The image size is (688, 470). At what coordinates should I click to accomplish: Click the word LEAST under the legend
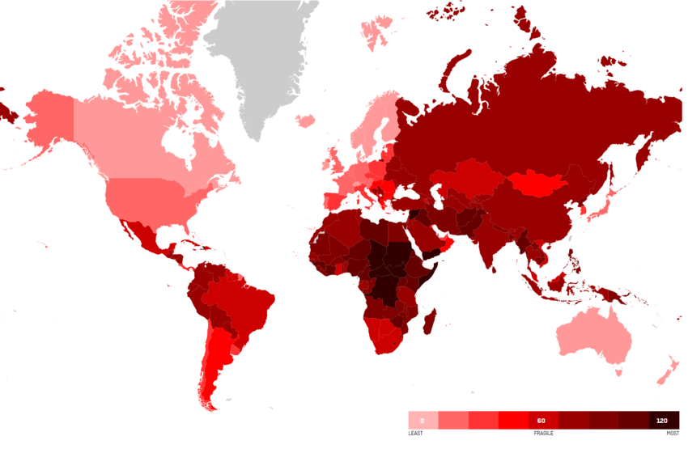(x=415, y=434)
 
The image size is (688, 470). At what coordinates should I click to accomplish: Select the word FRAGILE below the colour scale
(x=543, y=434)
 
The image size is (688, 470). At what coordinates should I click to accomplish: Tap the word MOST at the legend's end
(x=673, y=434)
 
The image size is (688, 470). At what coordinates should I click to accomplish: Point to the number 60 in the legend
(x=541, y=421)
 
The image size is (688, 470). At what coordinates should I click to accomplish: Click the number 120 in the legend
(x=663, y=421)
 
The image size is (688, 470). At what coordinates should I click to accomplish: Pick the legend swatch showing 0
(x=423, y=421)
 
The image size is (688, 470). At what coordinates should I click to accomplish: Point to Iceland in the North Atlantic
(x=306, y=121)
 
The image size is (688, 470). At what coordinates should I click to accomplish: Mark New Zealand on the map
(x=665, y=373)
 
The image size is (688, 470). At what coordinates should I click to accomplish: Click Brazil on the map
(x=243, y=299)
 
